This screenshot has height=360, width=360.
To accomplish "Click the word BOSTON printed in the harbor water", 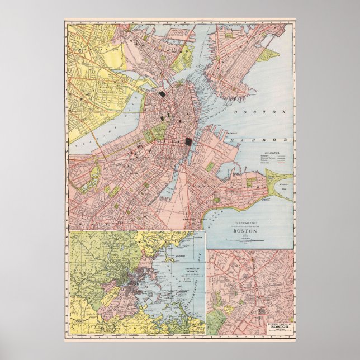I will pyautogui.click(x=262, y=112).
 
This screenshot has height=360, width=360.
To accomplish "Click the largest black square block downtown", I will pyautogui.click(x=188, y=143).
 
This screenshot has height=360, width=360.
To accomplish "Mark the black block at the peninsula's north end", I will pyautogui.click(x=162, y=94).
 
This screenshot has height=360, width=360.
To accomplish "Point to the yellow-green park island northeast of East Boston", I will pyautogui.click(x=270, y=55).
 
